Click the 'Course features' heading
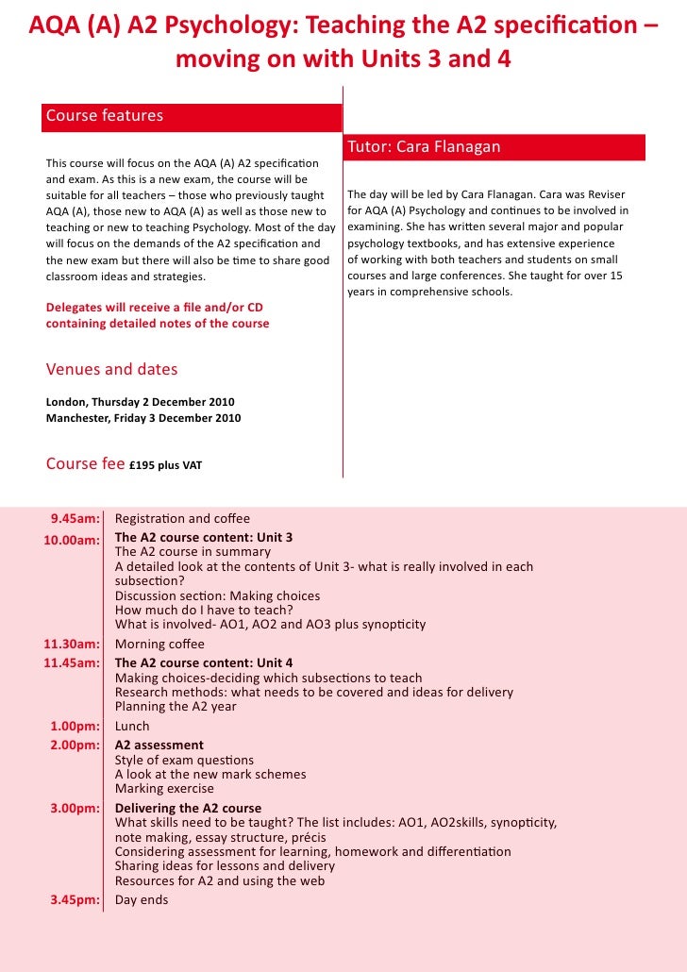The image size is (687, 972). click(105, 116)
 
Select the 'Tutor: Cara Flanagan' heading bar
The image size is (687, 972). click(424, 147)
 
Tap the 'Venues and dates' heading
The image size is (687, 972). click(111, 369)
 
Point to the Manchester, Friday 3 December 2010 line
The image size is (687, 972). click(143, 418)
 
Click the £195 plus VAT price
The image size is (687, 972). click(165, 465)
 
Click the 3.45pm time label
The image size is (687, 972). click(75, 899)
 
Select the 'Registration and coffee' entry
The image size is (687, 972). click(182, 518)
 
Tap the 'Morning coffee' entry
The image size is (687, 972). click(159, 645)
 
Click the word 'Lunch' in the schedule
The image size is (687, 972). click(132, 727)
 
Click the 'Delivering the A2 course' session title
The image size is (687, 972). click(188, 809)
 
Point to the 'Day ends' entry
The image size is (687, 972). click(142, 899)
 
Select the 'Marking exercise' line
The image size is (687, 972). click(164, 789)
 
